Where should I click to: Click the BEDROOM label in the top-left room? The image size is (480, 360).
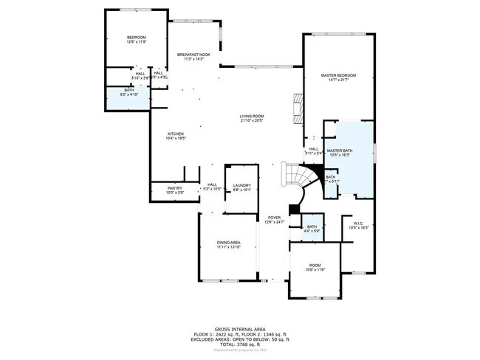(136, 38)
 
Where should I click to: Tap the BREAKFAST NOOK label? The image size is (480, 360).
(193, 55)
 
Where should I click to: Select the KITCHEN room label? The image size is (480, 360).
(175, 134)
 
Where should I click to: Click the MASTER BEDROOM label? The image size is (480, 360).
(338, 75)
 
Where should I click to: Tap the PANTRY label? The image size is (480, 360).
(175, 188)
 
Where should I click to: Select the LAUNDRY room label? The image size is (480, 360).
(242, 186)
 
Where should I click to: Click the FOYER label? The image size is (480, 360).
(274, 218)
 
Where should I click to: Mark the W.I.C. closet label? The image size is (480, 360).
(358, 224)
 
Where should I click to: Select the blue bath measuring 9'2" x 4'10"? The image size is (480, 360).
(128, 93)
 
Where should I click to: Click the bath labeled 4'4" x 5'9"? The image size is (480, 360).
(312, 229)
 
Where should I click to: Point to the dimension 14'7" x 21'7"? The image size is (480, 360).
(338, 80)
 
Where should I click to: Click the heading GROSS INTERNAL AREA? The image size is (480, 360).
(240, 329)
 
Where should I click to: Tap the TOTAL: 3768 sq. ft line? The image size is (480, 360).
(240, 345)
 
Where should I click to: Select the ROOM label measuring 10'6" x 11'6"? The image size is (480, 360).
(315, 266)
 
